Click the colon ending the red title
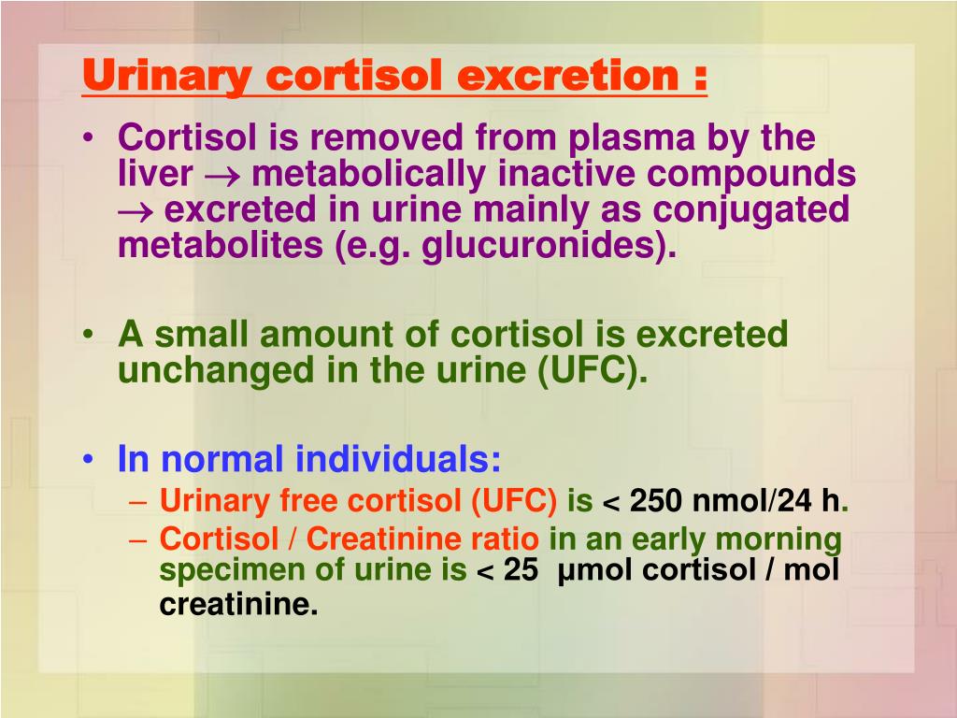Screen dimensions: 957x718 700,78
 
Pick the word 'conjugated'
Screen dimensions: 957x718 750,209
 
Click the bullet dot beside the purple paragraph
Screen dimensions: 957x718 89,138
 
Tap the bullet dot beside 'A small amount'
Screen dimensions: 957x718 89,336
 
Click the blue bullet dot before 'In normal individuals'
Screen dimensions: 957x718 89,460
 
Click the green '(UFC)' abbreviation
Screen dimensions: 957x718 592,370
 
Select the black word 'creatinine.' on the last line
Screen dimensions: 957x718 238,604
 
